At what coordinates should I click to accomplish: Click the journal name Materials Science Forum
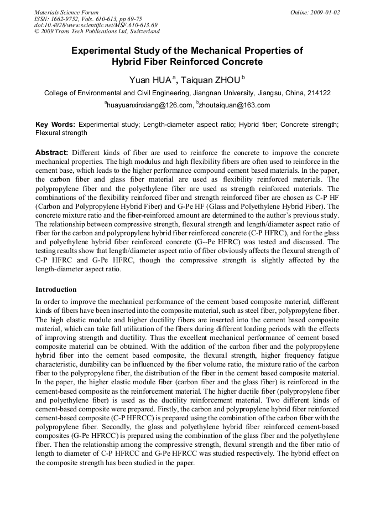pos(66,12)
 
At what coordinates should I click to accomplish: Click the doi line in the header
pos(95,25)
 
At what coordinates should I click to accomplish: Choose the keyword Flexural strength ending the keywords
pos(61,133)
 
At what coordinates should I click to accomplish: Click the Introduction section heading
pos(56,289)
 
